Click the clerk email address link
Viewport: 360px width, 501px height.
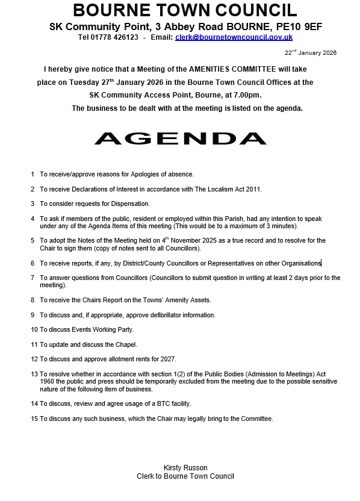[234, 37]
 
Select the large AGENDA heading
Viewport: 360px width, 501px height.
[180, 138]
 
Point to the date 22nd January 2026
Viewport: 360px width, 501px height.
[311, 53]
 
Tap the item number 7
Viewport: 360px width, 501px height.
[33, 278]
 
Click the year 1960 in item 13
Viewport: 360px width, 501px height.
[48, 382]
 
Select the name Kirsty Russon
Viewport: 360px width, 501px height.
[185, 468]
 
